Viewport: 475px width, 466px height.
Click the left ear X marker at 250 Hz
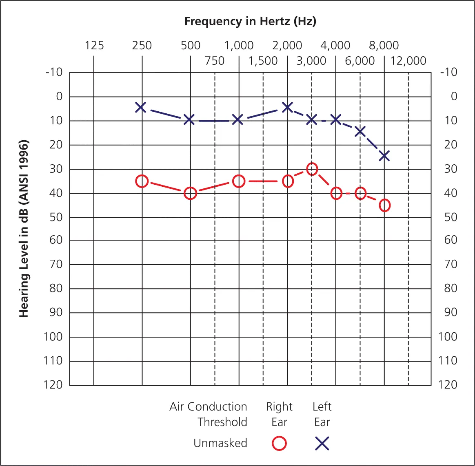point(141,108)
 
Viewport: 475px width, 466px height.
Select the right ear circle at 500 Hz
point(190,193)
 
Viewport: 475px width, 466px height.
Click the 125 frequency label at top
point(94,45)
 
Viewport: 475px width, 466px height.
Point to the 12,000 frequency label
point(408,61)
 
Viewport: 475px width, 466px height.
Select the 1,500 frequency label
point(263,61)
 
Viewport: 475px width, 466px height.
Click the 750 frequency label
point(215,61)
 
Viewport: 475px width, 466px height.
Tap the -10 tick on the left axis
point(53,73)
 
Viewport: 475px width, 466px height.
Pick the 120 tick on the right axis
point(448,385)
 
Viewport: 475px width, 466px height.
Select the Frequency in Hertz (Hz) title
point(250,21)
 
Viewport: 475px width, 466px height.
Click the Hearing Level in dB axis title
point(24,228)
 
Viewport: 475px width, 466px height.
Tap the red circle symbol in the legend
point(280,444)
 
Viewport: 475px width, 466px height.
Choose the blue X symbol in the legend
point(322,444)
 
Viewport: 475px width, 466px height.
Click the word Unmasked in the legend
point(220,443)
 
